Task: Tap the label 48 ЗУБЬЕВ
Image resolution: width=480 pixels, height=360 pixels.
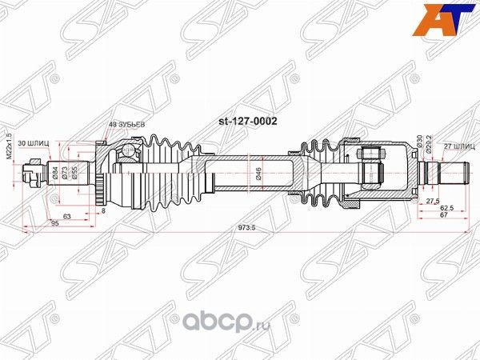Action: [126, 124]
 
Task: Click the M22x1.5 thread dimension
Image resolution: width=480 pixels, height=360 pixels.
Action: [10, 146]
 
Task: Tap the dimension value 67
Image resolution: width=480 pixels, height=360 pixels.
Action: [442, 217]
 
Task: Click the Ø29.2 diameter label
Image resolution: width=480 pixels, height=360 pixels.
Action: [430, 144]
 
